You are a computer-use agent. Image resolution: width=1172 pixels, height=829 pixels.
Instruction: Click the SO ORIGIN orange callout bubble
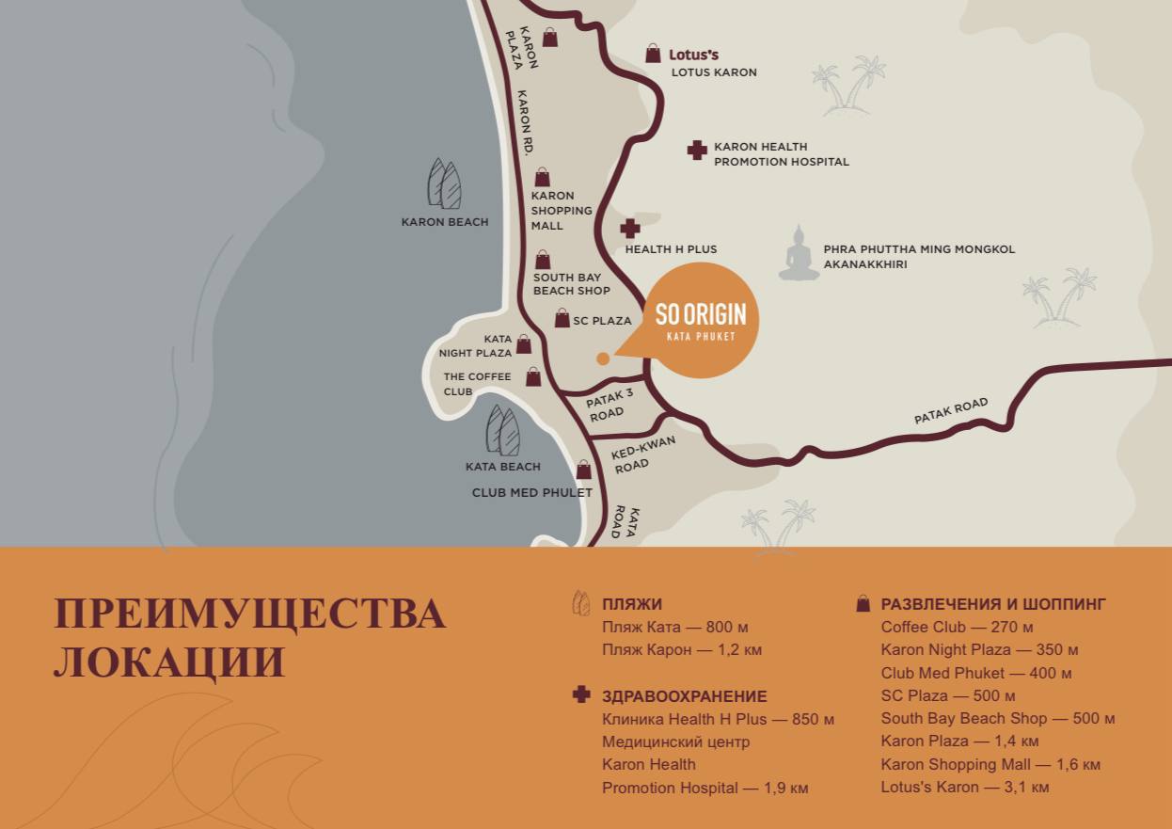tap(700, 320)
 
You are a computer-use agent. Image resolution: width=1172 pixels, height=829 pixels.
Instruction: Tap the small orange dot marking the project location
tap(603, 358)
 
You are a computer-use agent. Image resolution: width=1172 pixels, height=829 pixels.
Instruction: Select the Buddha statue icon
tap(800, 253)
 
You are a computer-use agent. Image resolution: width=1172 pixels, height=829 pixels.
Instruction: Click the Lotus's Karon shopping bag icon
tap(653, 54)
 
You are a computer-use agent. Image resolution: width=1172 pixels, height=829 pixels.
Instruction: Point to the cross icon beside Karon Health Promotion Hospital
tap(697, 150)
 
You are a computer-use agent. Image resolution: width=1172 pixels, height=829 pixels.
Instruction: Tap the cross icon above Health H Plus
tap(630, 228)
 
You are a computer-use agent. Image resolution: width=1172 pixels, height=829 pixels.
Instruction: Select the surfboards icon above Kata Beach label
tap(502, 431)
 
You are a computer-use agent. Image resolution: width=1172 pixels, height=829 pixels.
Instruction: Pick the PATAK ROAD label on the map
tap(951, 410)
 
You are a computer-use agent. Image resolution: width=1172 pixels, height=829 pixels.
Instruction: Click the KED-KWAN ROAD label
tap(643, 454)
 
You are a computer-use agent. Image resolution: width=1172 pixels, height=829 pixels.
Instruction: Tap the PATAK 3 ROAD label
tap(610, 404)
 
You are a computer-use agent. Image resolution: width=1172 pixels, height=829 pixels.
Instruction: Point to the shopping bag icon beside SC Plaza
tap(562, 319)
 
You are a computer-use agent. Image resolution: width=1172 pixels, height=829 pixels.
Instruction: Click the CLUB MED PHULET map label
tap(531, 492)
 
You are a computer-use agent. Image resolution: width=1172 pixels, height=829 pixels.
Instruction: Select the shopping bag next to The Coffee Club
tap(533, 376)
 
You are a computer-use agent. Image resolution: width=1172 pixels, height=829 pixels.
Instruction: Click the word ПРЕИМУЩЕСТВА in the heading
tap(249, 613)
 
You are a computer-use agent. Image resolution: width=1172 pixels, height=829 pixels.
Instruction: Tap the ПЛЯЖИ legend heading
tap(631, 604)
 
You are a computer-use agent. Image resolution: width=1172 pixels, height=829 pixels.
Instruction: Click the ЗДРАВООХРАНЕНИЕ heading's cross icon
tap(581, 694)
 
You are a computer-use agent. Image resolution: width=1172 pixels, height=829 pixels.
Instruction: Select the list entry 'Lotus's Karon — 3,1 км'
tap(964, 787)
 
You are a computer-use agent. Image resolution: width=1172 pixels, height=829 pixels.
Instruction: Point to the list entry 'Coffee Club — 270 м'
tap(957, 627)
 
